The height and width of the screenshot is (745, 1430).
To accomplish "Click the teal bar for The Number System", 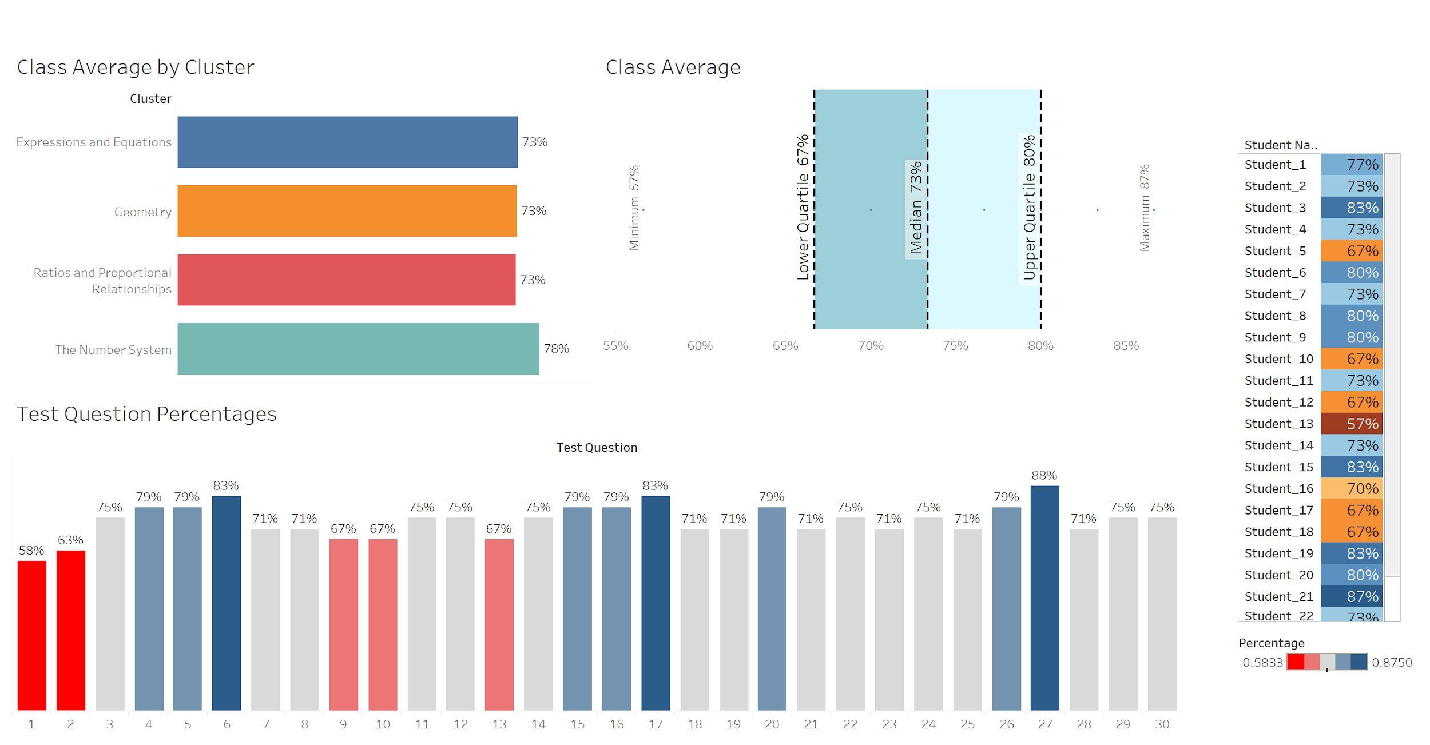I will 358,349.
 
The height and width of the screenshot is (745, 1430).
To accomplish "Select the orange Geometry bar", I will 347,211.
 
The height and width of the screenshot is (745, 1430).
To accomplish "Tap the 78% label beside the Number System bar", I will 556,349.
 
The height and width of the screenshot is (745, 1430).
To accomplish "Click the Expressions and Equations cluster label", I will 94,142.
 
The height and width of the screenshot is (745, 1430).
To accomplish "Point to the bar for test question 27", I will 1044,597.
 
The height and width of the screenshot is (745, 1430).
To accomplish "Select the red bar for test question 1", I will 31,635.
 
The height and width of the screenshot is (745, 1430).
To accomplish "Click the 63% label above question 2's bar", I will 70,540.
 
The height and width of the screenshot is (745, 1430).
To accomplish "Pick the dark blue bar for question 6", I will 227,603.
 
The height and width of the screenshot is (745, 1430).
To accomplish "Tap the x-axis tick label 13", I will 499,724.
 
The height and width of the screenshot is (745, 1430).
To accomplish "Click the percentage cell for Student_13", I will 1351,424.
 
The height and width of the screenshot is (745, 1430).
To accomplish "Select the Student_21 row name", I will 1278,596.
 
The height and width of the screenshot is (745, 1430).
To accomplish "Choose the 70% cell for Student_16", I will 1351,489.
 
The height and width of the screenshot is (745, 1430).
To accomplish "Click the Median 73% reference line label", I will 916,208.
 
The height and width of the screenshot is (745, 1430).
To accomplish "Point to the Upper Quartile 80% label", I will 1029,208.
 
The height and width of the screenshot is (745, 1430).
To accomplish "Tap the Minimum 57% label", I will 634,208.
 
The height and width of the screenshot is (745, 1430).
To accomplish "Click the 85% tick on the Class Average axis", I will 1126,346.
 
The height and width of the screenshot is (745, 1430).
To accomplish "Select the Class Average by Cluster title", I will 136,67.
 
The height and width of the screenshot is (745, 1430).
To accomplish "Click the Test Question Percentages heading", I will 146,414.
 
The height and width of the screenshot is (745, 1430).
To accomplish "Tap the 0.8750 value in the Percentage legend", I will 1392,663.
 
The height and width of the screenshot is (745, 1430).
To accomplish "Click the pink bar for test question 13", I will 499,624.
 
